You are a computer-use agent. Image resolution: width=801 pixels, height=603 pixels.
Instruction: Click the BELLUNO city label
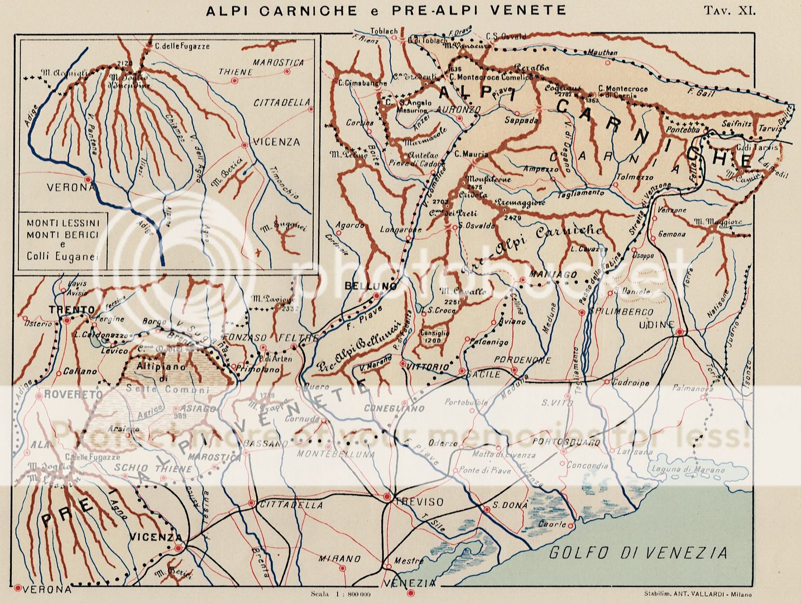(363, 286)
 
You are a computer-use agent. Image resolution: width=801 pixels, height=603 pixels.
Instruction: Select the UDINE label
(660, 324)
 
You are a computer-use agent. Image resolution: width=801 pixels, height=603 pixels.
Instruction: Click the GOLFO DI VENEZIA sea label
(638, 553)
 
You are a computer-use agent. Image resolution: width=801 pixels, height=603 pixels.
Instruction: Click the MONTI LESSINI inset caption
(63, 222)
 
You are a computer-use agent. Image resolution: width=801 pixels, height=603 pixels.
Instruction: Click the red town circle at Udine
(679, 333)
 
